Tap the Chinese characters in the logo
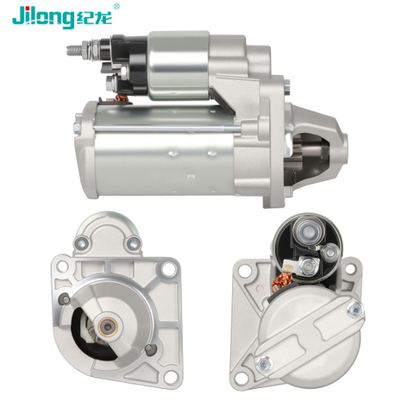94,18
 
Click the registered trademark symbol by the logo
116,6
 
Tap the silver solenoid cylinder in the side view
179,66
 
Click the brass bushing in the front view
108,326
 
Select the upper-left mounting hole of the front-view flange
62,267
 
